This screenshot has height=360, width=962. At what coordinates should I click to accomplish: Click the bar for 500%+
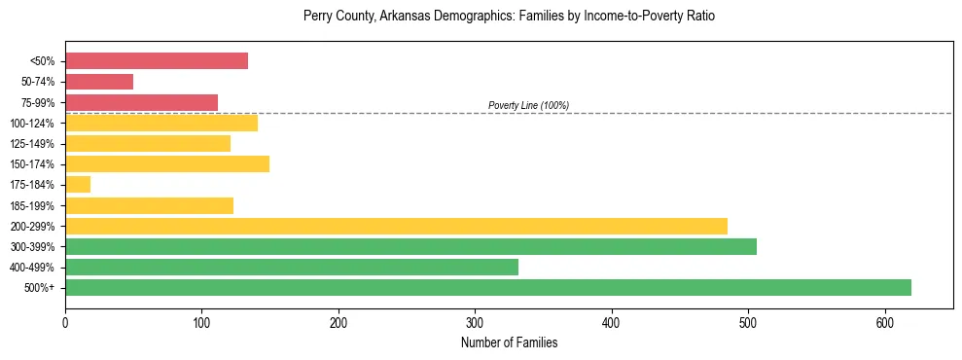point(488,287)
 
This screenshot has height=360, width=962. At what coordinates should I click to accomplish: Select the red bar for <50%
point(157,60)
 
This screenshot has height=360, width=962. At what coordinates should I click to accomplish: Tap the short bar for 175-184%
point(78,184)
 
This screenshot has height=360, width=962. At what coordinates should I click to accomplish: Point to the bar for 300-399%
point(410,246)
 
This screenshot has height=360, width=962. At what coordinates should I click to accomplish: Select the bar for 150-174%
point(167,163)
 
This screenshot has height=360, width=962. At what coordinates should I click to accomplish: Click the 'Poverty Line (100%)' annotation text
point(528,105)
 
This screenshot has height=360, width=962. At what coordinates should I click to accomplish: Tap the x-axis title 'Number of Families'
point(509,342)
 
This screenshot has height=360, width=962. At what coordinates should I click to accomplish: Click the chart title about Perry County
point(509,17)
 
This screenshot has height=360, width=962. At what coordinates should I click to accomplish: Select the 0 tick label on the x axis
point(65,321)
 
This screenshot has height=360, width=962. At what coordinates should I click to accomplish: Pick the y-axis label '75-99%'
point(37,103)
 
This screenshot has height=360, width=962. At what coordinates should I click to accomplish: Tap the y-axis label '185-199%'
point(33,206)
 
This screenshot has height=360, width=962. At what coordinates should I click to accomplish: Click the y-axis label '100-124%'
point(33,124)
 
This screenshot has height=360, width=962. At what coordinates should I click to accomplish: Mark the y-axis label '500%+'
point(40,288)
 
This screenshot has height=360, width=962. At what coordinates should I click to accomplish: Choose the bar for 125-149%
point(148,143)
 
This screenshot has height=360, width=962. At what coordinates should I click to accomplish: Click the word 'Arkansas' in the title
point(409,17)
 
